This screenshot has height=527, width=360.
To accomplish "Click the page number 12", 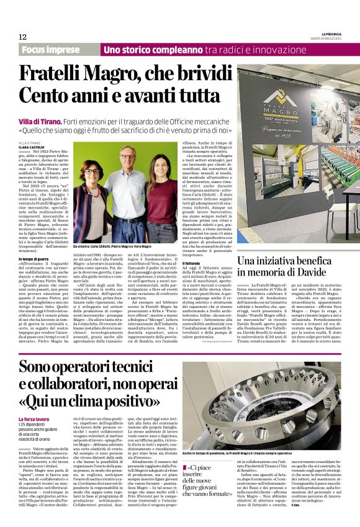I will pos(22,37).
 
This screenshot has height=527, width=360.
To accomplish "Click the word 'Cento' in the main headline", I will pos(47,96).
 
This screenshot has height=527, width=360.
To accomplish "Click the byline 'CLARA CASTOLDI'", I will pos(30,147).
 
